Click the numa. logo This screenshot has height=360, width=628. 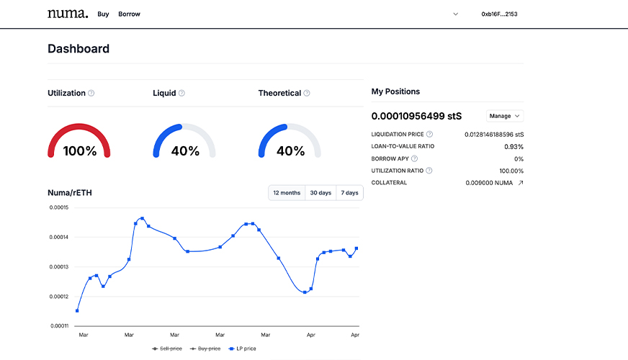click(x=68, y=14)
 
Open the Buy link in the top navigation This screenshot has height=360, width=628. click(x=103, y=14)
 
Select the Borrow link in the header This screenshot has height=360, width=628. click(x=129, y=14)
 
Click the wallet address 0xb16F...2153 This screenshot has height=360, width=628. click(x=499, y=14)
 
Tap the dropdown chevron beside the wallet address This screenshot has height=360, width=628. click(x=455, y=14)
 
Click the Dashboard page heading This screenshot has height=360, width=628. click(x=78, y=49)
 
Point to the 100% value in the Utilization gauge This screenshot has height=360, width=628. click(x=79, y=151)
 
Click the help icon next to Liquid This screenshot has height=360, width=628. click(x=181, y=93)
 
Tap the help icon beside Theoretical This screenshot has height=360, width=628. click(x=307, y=93)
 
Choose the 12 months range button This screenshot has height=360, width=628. click(x=287, y=193)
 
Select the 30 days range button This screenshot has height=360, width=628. click(x=320, y=193)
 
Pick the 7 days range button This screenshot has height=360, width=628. click(x=349, y=193)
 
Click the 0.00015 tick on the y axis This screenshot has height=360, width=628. click(x=58, y=207)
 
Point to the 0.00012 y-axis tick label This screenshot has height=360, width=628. click(x=58, y=297)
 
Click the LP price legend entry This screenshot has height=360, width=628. click(x=242, y=348)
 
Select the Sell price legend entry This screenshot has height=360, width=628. click(x=167, y=348)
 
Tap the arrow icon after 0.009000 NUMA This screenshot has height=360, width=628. click(x=521, y=183)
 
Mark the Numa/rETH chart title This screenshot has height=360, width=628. click(x=70, y=193)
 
